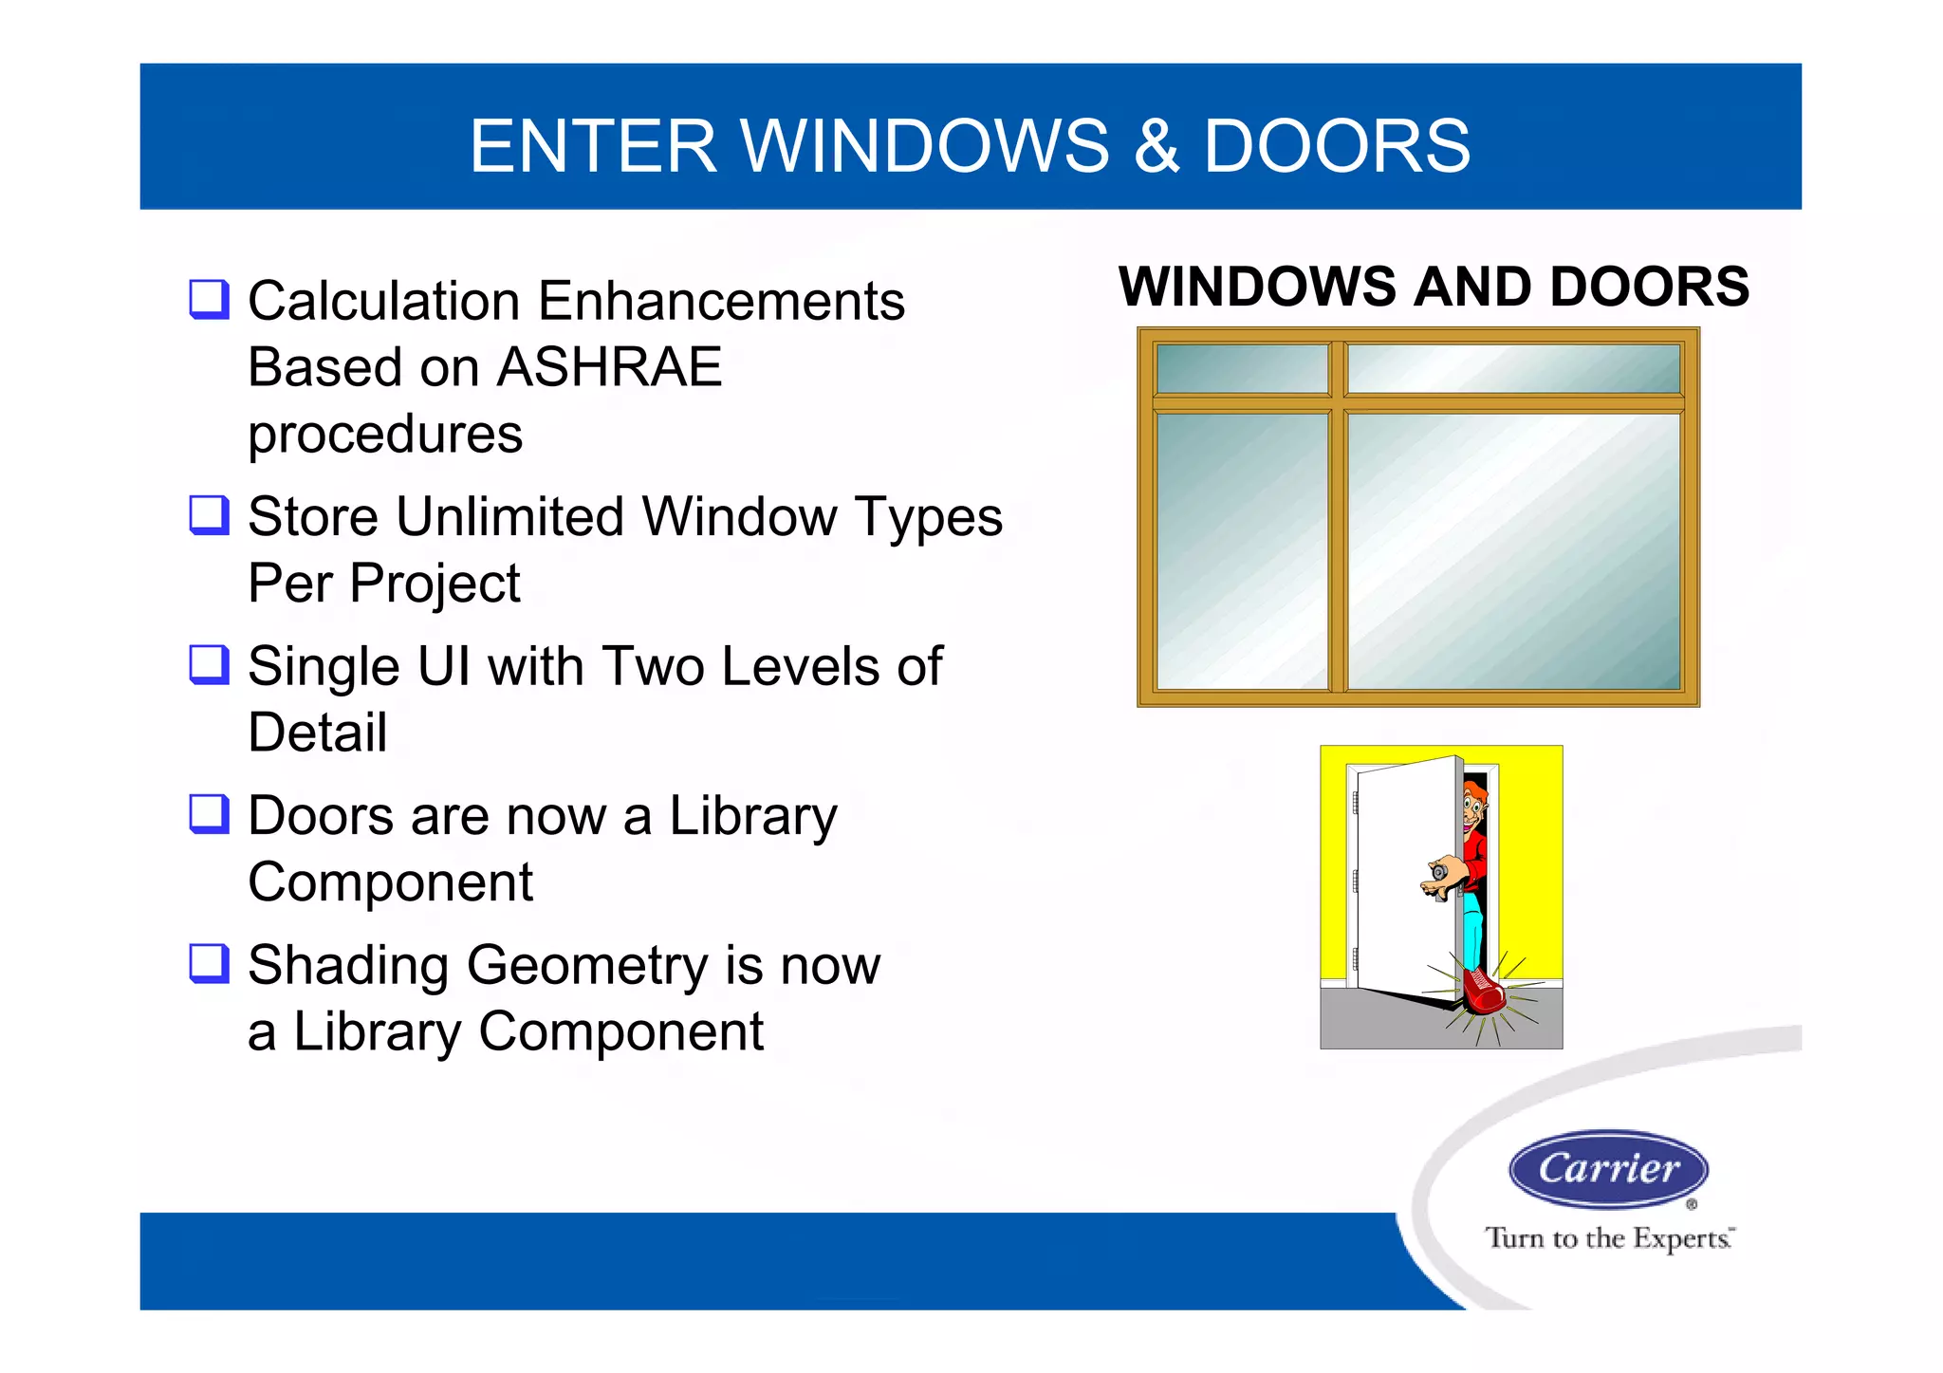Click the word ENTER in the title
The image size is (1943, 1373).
click(x=593, y=147)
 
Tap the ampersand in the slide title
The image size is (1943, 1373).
click(x=1156, y=147)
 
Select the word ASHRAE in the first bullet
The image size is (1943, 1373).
click(x=609, y=367)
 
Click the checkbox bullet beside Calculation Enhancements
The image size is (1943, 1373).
click(x=209, y=300)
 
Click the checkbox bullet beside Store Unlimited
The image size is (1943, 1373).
click(x=209, y=515)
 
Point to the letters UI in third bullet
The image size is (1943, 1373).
click(x=444, y=666)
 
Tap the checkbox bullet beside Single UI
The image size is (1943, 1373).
click(x=209, y=664)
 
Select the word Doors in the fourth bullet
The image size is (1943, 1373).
click(x=321, y=816)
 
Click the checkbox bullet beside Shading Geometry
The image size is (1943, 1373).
click(x=209, y=963)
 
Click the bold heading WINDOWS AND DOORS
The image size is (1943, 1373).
click(x=1434, y=287)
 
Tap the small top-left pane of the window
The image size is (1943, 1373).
click(x=1241, y=368)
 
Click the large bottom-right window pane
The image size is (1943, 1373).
click(x=1513, y=550)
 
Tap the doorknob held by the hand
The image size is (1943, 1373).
click(x=1439, y=871)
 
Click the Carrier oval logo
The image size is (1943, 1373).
click(x=1608, y=1169)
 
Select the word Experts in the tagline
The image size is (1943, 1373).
click(x=1681, y=1239)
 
